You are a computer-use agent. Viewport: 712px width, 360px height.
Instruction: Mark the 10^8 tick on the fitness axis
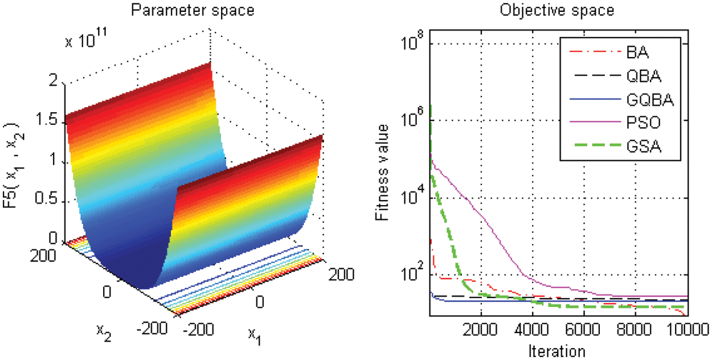[414, 43]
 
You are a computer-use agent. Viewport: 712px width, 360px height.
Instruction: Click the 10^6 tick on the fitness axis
[414, 120]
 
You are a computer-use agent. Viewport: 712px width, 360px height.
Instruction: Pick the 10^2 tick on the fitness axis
[414, 272]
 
